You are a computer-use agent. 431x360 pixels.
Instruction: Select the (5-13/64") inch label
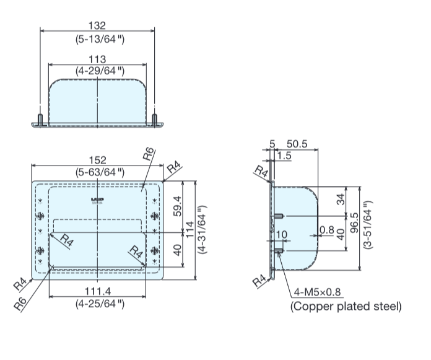(97, 40)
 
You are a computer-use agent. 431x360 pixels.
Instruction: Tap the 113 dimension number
(97, 59)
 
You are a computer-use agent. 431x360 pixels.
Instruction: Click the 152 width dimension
(97, 160)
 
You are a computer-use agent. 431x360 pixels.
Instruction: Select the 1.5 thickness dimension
(285, 156)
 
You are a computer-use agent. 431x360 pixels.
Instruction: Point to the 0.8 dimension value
(326, 230)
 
